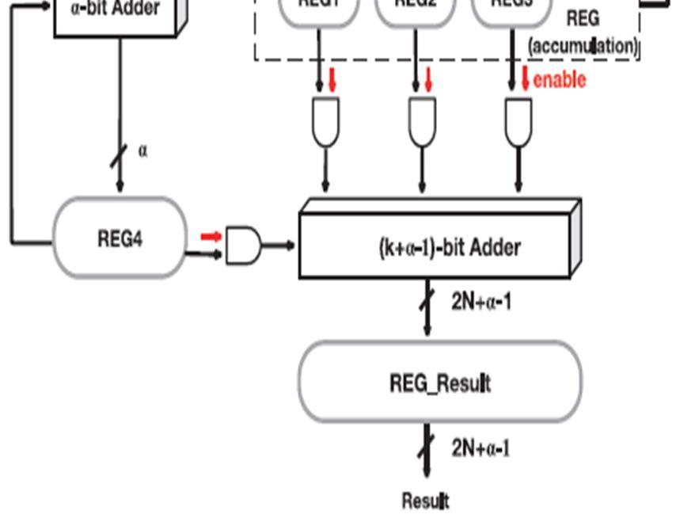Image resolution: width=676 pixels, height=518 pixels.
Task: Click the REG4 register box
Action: (120, 238)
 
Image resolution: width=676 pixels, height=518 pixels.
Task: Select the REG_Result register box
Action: (439, 383)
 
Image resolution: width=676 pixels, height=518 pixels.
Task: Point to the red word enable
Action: (560, 79)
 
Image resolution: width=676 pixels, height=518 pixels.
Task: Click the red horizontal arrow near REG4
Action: (211, 236)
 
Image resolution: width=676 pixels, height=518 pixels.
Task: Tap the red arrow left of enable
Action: (525, 78)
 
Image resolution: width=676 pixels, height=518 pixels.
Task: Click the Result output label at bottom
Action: (425, 501)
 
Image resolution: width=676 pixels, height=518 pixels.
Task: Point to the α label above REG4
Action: (142, 150)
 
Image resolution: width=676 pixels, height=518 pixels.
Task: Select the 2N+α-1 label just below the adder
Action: (480, 301)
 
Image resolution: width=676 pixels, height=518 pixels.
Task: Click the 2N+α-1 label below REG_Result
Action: (480, 448)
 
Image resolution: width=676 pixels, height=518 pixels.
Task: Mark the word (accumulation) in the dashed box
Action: (583, 46)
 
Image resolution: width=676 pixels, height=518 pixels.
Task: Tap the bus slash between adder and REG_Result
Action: (427, 302)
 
